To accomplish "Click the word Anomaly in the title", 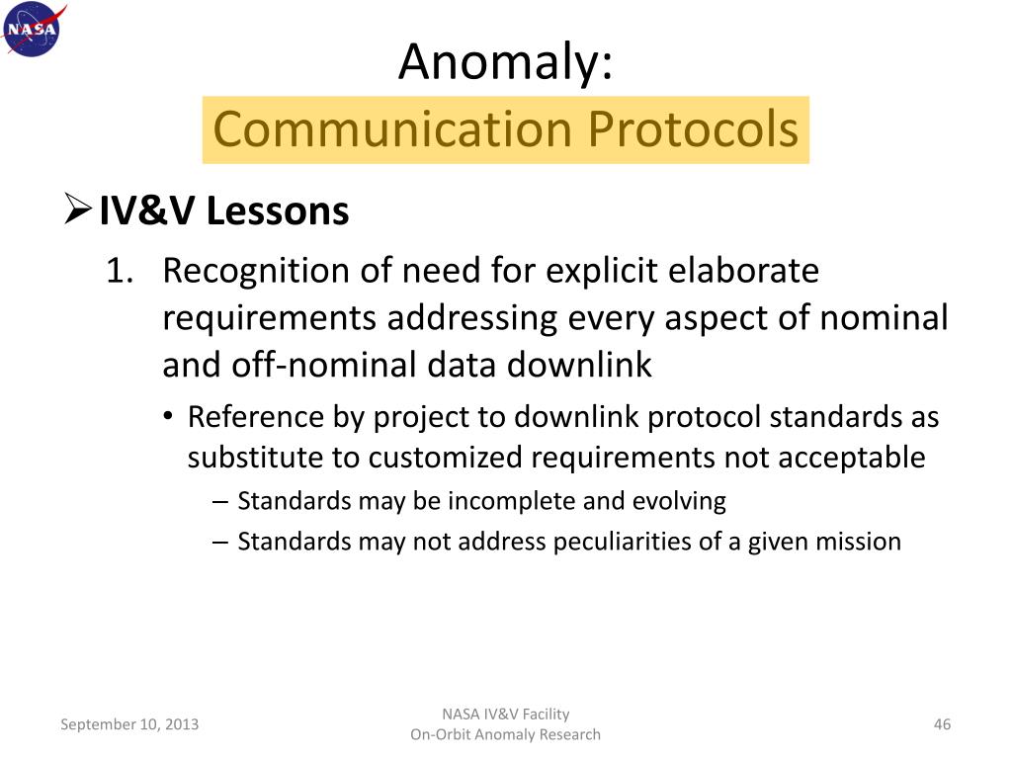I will point(505,64).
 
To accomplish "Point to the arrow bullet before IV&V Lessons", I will point(77,211).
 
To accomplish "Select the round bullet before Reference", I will point(169,418).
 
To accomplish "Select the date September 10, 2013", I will point(129,724).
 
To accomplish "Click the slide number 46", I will point(941,724).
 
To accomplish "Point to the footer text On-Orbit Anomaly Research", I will point(505,734).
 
